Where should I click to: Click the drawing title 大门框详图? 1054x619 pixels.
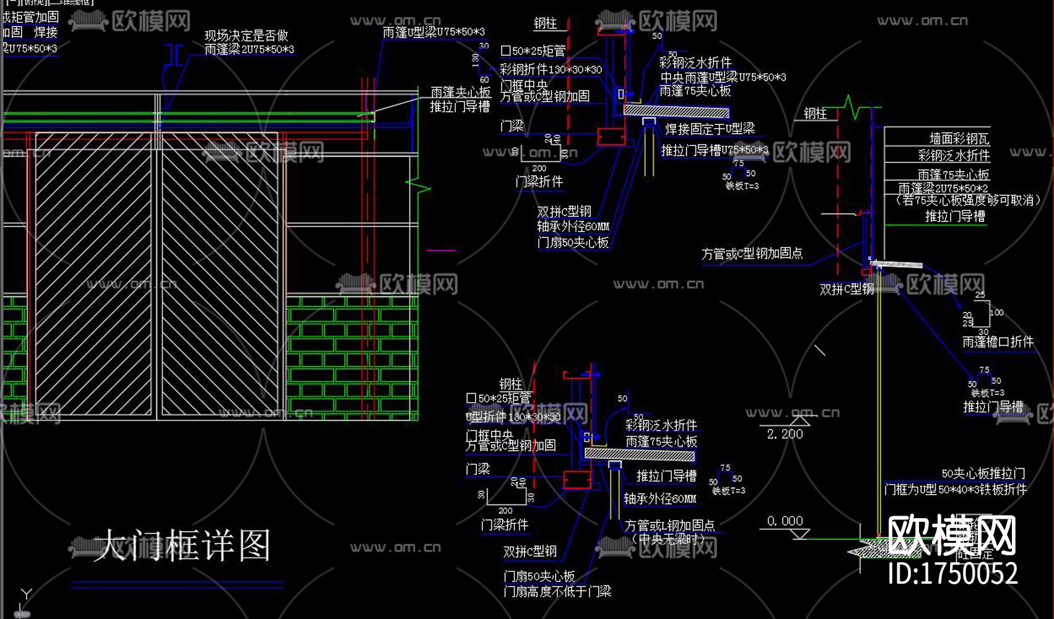182,545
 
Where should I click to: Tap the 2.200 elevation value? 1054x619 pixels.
785,434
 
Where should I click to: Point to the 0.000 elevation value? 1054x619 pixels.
785,521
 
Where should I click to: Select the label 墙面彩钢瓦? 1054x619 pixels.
959,139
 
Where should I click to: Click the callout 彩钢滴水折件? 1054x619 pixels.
954,155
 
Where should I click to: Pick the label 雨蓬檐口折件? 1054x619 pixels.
998,342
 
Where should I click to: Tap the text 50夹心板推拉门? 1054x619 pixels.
983,474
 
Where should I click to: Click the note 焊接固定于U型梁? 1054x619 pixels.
710,129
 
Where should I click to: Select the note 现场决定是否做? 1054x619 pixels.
246,35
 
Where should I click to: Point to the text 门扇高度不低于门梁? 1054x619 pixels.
557,592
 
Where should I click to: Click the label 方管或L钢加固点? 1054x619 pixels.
669,525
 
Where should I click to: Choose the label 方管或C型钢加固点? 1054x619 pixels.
752,253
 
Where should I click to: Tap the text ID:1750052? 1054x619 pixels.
952,573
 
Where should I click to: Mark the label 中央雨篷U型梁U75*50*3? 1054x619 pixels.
723,77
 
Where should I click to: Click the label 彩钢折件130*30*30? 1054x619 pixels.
551,69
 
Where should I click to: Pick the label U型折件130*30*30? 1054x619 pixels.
513,417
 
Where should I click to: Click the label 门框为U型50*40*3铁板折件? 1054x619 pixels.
956,490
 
